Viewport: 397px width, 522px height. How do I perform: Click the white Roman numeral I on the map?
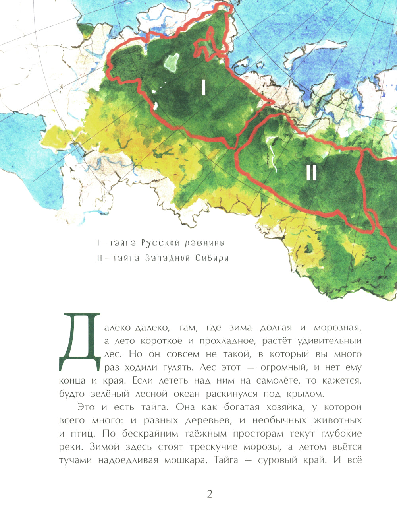[x=203, y=87]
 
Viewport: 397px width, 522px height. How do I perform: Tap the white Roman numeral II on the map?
[x=312, y=173]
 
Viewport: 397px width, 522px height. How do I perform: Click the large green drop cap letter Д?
[x=80, y=342]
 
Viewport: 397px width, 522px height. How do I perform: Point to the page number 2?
[x=210, y=494]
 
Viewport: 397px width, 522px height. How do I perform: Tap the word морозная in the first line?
[x=338, y=328]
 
